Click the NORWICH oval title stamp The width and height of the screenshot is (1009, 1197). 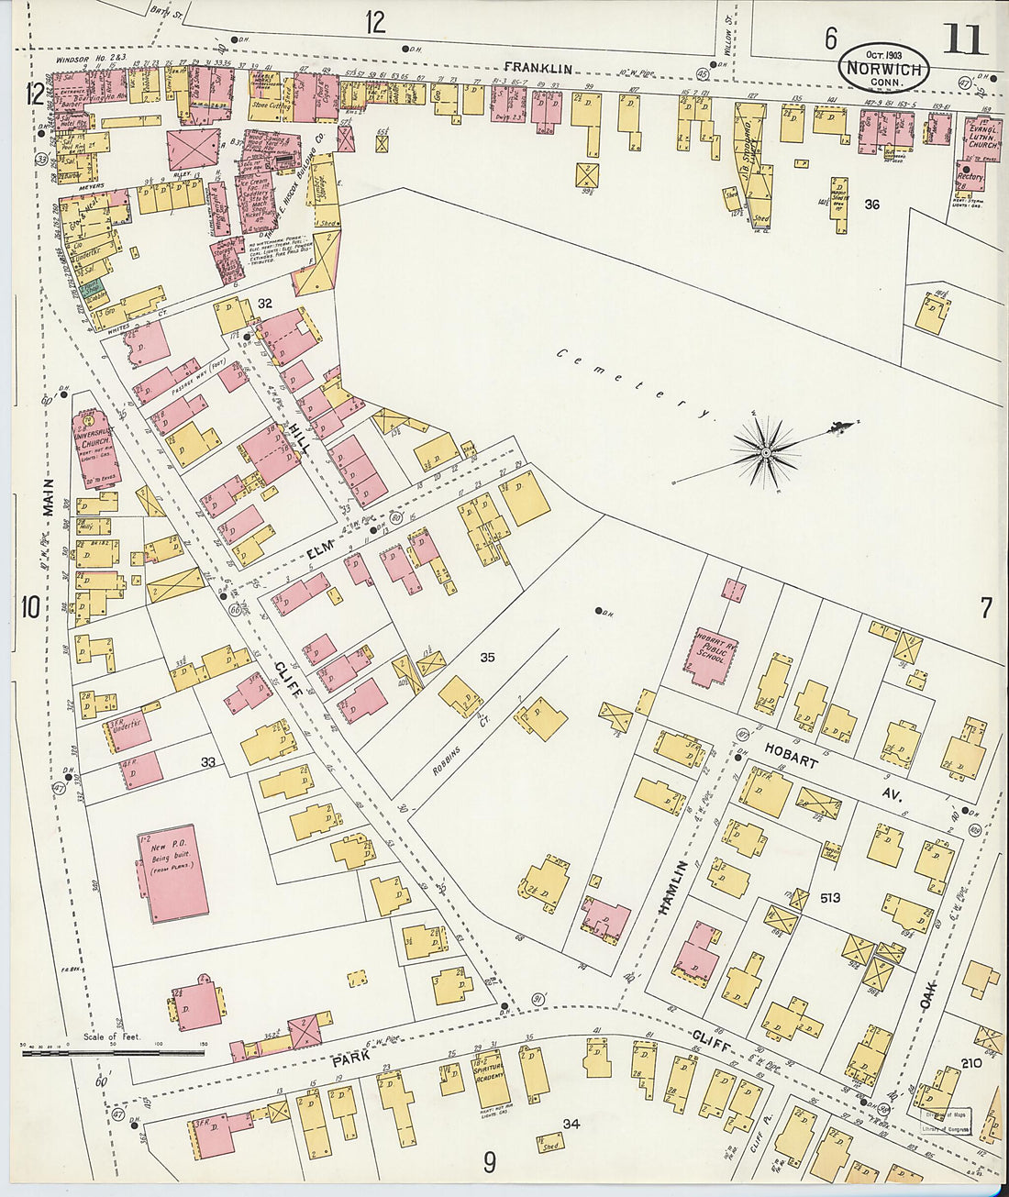pos(883,66)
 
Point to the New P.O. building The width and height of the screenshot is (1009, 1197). pos(172,871)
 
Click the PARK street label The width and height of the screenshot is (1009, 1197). pos(349,1059)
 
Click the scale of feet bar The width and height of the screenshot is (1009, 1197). pos(112,1053)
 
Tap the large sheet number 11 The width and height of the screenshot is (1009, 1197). pos(963,40)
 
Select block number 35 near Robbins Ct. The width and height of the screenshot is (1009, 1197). pos(487,658)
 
